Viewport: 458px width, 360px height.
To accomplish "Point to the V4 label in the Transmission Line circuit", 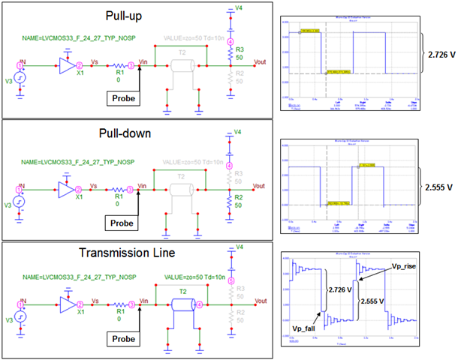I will (239, 247).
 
